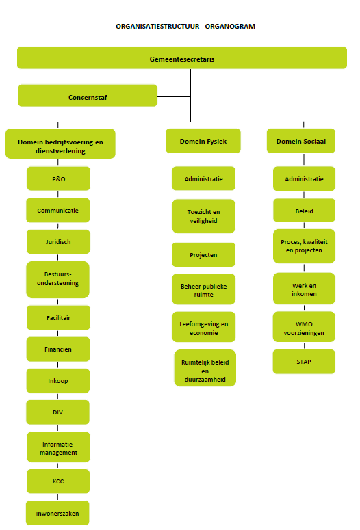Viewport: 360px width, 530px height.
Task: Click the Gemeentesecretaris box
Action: (182, 58)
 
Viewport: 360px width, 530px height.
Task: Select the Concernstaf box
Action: (88, 96)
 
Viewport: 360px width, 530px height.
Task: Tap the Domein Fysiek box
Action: (203, 141)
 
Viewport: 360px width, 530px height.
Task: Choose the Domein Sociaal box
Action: (300, 141)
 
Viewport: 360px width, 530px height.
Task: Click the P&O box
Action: (59, 178)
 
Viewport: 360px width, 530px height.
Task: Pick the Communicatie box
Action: (58, 210)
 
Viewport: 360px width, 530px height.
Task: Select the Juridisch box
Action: (58, 241)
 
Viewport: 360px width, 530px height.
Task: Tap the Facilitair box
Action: (59, 317)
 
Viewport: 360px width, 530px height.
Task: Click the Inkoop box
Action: (58, 381)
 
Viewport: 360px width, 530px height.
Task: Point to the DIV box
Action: (58, 412)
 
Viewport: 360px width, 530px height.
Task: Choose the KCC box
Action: (58, 481)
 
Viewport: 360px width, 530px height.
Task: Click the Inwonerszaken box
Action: (57, 513)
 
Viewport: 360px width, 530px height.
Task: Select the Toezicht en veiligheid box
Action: (204, 216)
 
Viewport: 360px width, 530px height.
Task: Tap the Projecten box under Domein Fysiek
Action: (203, 254)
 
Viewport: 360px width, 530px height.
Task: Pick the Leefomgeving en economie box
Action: (204, 327)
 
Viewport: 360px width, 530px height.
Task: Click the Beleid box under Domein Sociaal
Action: (304, 210)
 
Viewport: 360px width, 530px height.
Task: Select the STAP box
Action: (304, 362)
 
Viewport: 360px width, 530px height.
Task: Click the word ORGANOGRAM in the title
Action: (230, 27)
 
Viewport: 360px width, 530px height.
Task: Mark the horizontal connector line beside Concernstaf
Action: (174, 96)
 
